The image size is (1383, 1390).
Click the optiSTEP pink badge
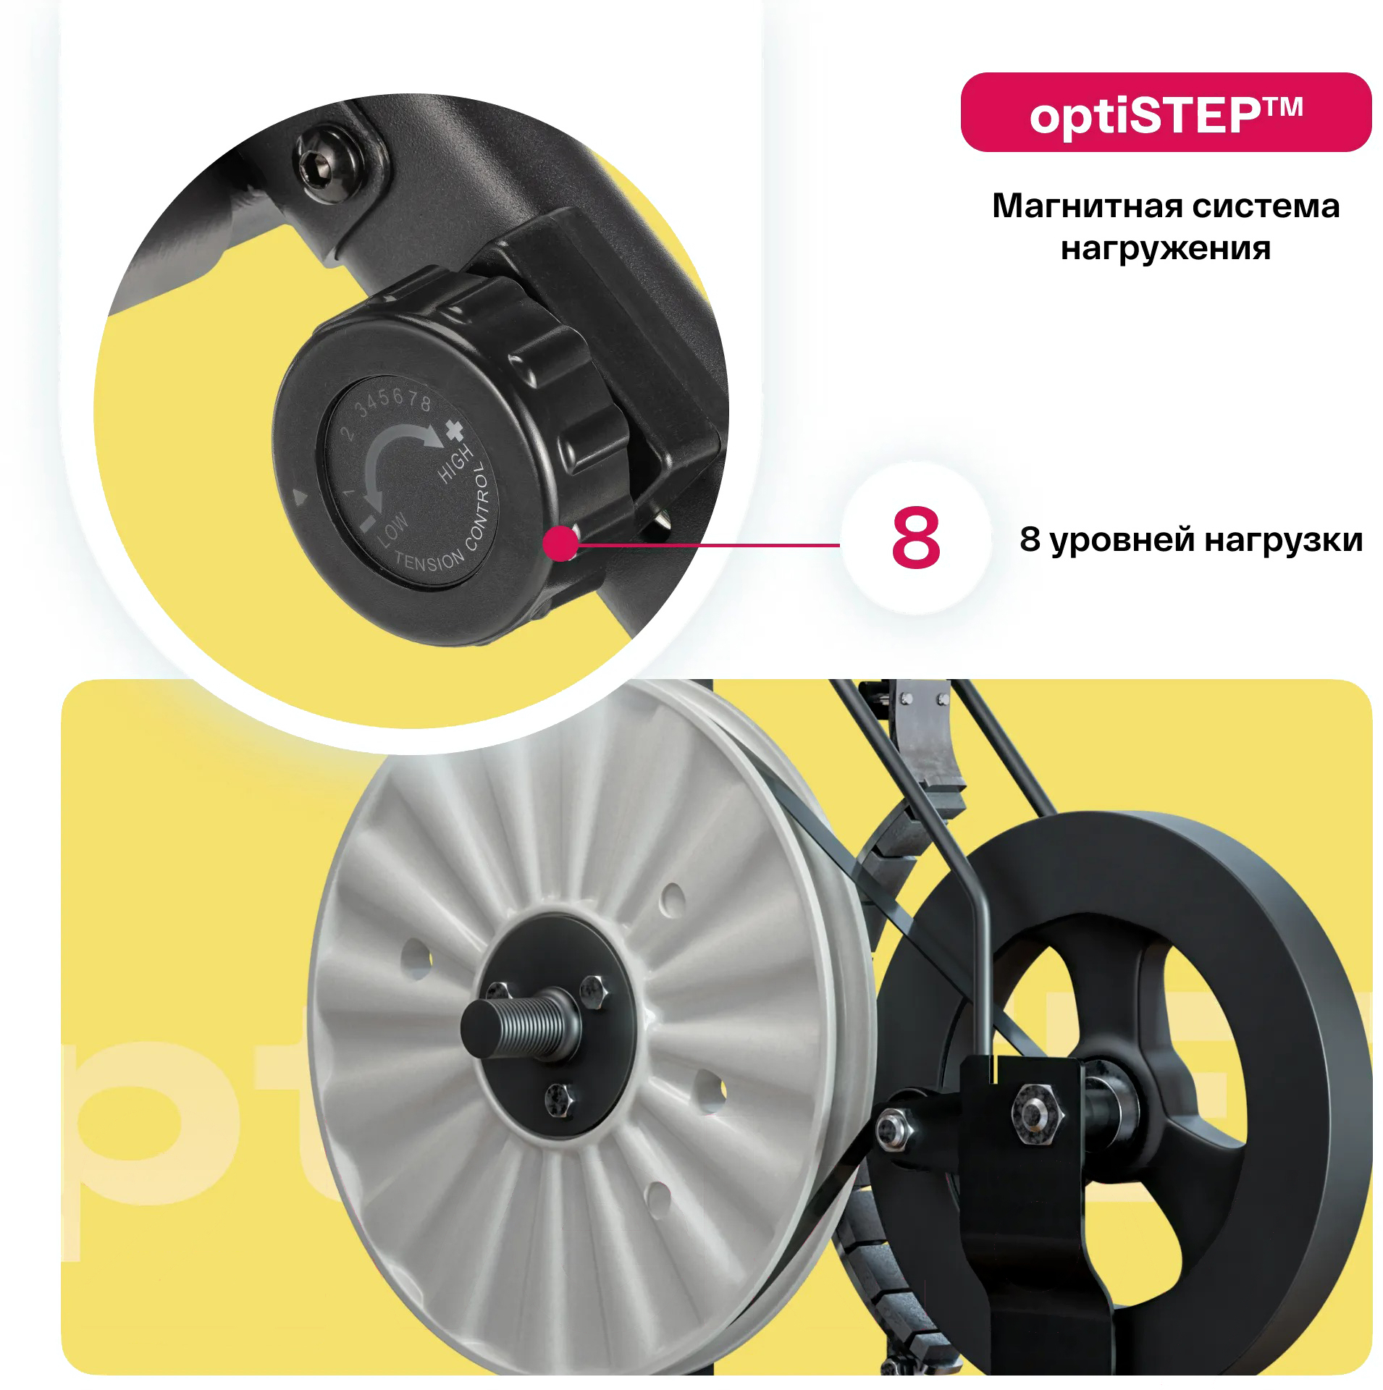[x=1165, y=112]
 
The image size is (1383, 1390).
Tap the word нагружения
[x=1165, y=248]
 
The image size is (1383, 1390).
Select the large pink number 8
[x=915, y=538]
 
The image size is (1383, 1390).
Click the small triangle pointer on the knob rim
[x=300, y=497]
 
